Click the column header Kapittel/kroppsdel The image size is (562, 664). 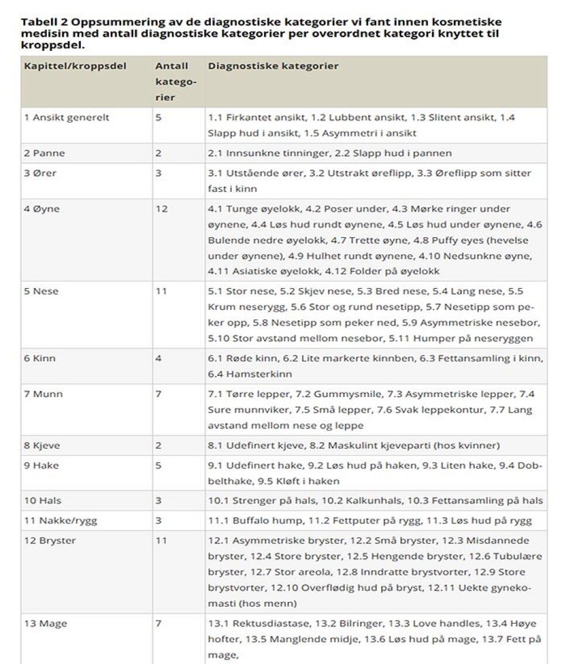(x=75, y=66)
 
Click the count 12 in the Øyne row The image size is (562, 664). (x=161, y=208)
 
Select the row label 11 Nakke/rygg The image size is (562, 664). (x=59, y=520)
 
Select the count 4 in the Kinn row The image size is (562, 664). (x=158, y=358)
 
